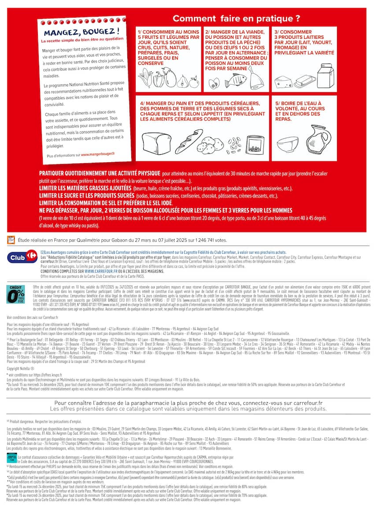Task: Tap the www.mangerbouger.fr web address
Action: tap(97, 154)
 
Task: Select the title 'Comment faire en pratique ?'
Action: tap(236, 19)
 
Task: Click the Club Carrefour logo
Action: tap(22, 256)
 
